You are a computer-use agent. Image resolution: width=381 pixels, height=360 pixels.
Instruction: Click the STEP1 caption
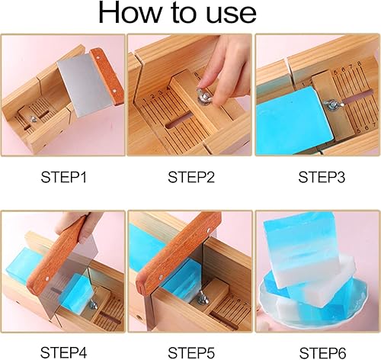63,178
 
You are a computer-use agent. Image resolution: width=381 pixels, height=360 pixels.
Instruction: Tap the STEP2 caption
190,178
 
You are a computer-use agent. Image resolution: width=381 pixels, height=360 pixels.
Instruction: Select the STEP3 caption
319,178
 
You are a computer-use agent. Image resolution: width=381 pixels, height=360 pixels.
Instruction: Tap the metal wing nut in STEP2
205,96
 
